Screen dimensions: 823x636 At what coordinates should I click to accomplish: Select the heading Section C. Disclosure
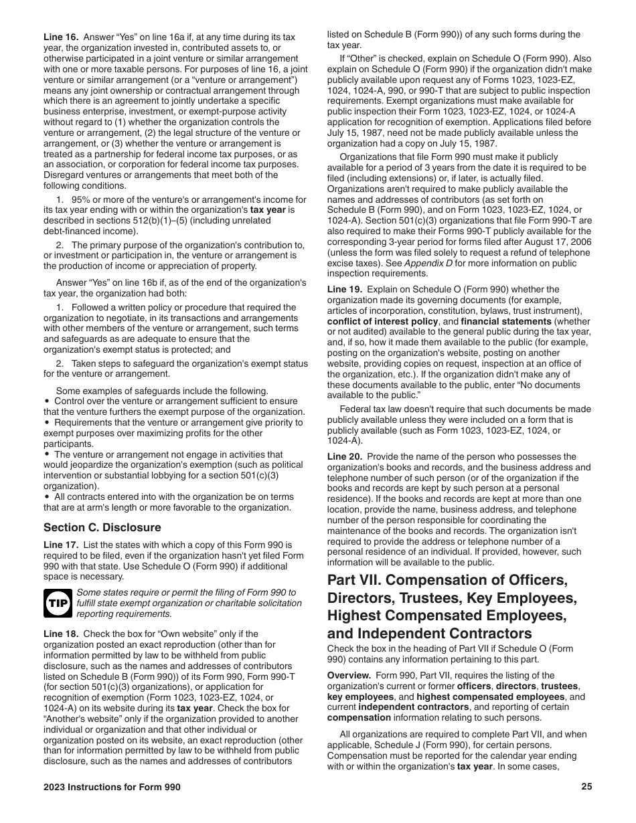click(x=102, y=527)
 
